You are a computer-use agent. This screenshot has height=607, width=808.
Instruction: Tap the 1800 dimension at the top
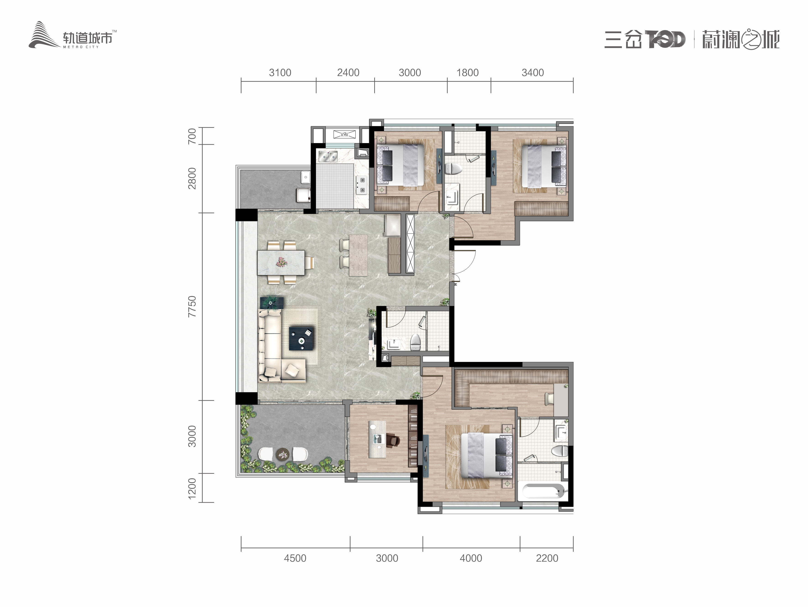click(x=467, y=73)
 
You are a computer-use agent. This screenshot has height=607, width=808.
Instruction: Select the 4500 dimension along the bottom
click(x=295, y=558)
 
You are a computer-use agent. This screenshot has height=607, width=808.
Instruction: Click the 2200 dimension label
click(x=547, y=558)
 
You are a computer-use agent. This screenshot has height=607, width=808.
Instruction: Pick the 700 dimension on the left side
click(x=192, y=136)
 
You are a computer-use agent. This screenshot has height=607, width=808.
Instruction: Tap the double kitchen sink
click(x=328, y=156)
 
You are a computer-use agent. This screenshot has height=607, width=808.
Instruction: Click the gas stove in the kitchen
click(x=362, y=185)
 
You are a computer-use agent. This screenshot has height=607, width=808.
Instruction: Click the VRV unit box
click(x=344, y=134)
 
